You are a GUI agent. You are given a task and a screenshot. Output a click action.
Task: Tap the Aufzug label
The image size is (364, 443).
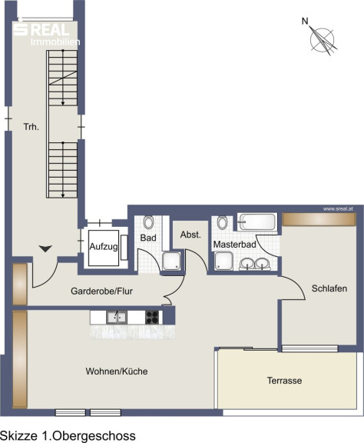(104, 247)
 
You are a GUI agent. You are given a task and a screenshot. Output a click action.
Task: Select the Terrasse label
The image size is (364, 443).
(284, 381)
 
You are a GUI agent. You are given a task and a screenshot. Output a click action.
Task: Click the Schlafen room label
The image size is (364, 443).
(329, 288)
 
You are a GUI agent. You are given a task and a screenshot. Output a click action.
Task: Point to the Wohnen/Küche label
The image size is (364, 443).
(117, 371)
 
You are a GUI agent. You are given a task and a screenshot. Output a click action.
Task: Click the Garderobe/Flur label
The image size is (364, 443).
(101, 291)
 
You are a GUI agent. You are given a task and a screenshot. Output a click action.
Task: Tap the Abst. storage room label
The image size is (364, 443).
(190, 235)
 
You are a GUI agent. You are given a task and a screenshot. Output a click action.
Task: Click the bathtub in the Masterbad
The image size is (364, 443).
(257, 221)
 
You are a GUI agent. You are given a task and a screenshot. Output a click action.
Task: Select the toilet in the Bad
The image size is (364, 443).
(148, 222)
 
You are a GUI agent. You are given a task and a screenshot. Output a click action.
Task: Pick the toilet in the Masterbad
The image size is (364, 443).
(223, 222)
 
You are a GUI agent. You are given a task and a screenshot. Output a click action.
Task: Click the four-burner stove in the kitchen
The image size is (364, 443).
(152, 318)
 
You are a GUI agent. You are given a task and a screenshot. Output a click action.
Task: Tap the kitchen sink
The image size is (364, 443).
(117, 318)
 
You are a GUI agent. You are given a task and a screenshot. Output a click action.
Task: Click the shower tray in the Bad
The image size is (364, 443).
(171, 261)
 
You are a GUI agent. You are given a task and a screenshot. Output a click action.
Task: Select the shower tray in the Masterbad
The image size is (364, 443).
(223, 261)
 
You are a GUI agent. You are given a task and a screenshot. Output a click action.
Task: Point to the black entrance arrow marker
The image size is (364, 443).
(45, 248)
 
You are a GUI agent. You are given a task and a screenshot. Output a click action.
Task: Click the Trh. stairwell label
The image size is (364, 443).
(31, 127)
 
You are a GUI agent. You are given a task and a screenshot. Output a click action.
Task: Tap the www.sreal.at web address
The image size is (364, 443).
(338, 209)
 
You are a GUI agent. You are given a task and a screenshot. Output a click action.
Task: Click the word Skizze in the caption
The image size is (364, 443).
(19, 435)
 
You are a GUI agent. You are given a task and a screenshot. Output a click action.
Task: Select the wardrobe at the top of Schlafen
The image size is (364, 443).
(319, 219)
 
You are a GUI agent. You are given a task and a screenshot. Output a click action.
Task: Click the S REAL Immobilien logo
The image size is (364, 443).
(47, 34)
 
